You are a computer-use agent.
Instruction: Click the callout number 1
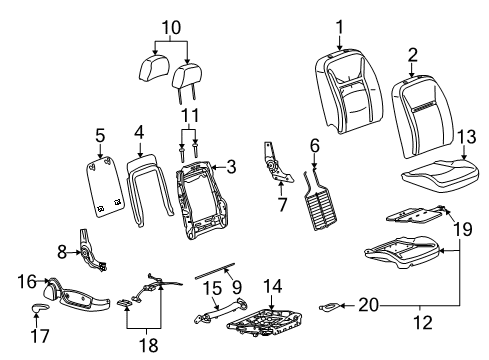[339, 25]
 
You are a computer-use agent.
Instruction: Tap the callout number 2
[413, 54]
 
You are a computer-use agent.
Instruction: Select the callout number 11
[190, 116]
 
